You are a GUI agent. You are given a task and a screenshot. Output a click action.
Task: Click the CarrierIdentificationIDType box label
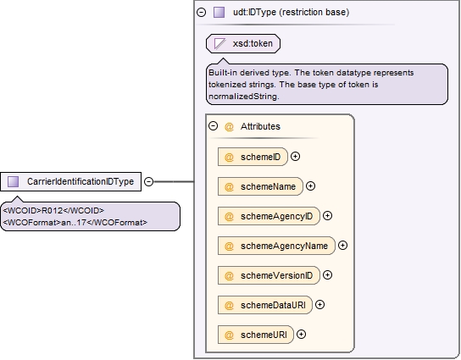coord(81,181)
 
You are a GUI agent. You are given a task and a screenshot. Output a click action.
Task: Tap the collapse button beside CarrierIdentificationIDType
coord(149,181)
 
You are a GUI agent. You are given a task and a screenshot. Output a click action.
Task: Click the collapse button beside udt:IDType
coord(201,13)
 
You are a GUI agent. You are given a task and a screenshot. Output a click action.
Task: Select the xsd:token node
coord(243,43)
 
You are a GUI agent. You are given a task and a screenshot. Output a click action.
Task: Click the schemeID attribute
coord(253,157)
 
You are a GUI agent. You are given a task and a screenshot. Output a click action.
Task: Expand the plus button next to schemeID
coord(295,157)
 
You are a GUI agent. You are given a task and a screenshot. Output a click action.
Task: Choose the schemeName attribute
coord(260,186)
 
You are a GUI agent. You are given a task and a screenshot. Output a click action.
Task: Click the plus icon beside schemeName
coord(310,186)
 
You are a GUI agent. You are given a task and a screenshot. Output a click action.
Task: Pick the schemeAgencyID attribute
coord(269,216)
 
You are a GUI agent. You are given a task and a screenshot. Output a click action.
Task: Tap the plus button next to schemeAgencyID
coord(327,216)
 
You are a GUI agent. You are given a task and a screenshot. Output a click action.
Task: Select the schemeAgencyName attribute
coord(276,246)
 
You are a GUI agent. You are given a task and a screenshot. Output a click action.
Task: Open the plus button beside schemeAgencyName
coord(343,246)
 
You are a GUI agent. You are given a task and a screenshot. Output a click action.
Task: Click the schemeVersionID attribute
coord(269,275)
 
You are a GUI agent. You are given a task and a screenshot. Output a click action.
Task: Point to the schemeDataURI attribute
coord(265,305)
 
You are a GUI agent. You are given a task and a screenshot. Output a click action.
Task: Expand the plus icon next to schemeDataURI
coord(319,305)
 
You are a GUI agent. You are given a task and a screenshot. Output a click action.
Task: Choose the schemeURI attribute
coord(256,335)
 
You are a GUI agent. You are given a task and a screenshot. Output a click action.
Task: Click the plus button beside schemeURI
coord(301,335)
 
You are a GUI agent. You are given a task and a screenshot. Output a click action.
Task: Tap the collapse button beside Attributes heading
coord(214,126)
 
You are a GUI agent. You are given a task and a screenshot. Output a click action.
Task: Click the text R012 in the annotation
coord(53,211)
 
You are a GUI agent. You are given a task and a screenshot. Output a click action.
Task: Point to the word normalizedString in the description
coord(243,97)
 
